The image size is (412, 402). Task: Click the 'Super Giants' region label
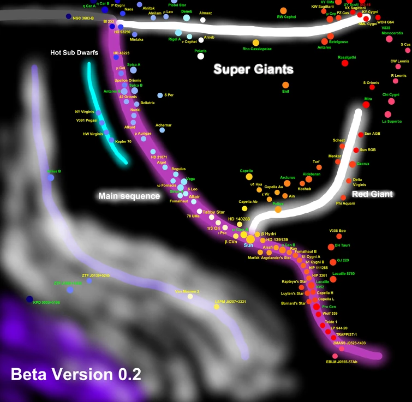tap(253, 69)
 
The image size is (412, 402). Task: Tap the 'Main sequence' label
tap(129, 196)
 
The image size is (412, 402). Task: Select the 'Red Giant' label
tap(372, 194)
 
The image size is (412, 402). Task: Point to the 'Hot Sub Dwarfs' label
tap(74, 53)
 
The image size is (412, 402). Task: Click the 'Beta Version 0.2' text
tap(76, 374)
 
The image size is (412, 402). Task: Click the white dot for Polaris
tap(201, 56)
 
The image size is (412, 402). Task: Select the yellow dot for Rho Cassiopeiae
tap(255, 43)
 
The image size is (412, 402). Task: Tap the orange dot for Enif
tap(285, 85)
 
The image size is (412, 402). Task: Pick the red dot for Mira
tap(367, 105)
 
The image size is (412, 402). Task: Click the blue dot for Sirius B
tap(51, 177)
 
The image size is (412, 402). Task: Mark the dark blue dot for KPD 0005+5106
tap(29, 299)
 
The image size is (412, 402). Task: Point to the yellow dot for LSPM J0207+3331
tap(217, 307)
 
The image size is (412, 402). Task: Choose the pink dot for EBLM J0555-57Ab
tap(342, 348)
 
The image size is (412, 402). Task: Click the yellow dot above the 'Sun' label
tap(250, 238)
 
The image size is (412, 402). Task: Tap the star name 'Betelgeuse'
tap(338, 42)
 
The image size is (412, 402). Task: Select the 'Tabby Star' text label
tap(213, 212)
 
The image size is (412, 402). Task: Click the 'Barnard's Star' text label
tap(293, 303)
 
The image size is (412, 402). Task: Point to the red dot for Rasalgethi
tap(344, 63)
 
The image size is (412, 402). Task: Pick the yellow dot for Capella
tap(249, 177)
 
